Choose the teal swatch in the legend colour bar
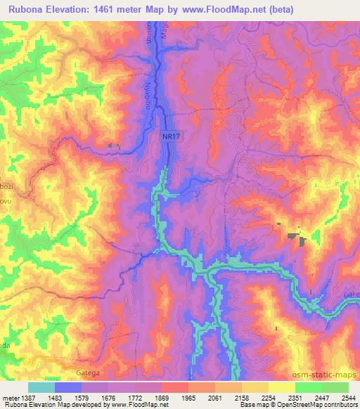(x=41, y=387)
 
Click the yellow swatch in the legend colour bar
(x=281, y=387)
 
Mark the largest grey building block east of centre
(x=303, y=241)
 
